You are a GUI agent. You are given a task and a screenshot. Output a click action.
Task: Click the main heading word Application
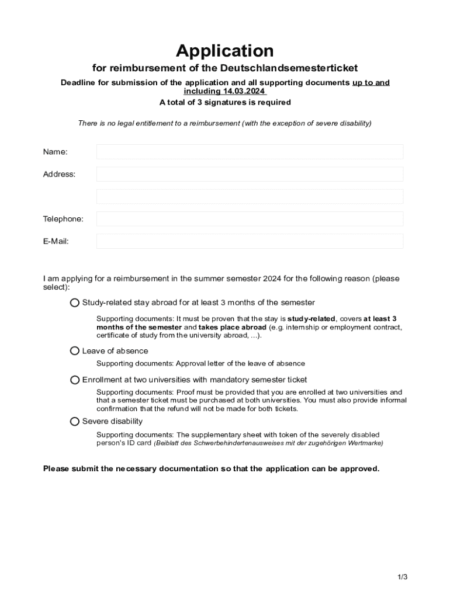pyautogui.click(x=225, y=51)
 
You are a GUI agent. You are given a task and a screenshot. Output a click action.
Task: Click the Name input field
pyautogui.click(x=250, y=152)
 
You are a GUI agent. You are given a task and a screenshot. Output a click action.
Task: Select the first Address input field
pyautogui.click(x=250, y=174)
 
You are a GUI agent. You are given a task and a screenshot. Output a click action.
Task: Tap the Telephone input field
pyautogui.click(x=250, y=219)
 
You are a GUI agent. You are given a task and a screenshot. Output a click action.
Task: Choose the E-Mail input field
pyautogui.click(x=250, y=241)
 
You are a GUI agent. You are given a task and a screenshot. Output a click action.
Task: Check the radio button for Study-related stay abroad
pyautogui.click(x=75, y=303)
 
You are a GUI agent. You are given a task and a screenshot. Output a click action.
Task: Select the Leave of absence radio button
pyautogui.click(x=75, y=351)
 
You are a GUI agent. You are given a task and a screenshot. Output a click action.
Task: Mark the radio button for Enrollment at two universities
pyautogui.click(x=75, y=380)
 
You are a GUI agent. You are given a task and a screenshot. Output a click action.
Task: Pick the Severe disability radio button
pyautogui.click(x=75, y=421)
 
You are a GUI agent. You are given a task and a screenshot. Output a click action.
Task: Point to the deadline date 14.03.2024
pyautogui.click(x=244, y=91)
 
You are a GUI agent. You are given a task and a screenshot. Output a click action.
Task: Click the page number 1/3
pyautogui.click(x=403, y=577)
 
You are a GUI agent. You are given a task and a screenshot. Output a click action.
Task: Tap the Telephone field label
pyautogui.click(x=63, y=219)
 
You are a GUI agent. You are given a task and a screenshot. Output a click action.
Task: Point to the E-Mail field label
pyautogui.click(x=56, y=241)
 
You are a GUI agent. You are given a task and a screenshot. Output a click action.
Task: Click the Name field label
pyautogui.click(x=55, y=152)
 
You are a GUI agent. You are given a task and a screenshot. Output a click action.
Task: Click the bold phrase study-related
pyautogui.click(x=312, y=319)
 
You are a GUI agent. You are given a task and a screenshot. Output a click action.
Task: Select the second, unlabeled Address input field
pyautogui.click(x=250, y=196)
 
